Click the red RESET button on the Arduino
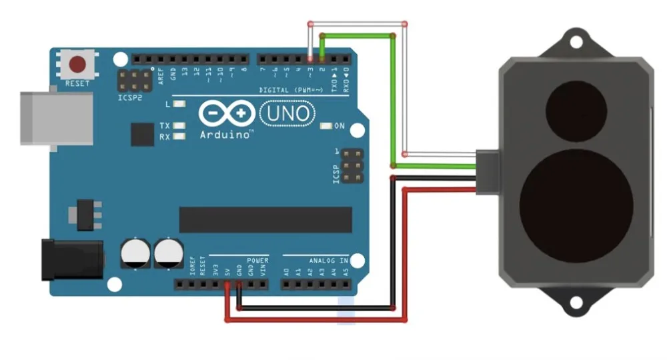coord(78,65)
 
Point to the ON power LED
coord(326,125)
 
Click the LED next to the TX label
coord(179,125)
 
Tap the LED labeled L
coord(179,104)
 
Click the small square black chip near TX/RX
coord(142,134)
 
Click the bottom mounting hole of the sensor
coord(574,304)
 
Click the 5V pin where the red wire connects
coord(227,285)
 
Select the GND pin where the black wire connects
coord(239,285)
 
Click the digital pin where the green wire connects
coord(321,59)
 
